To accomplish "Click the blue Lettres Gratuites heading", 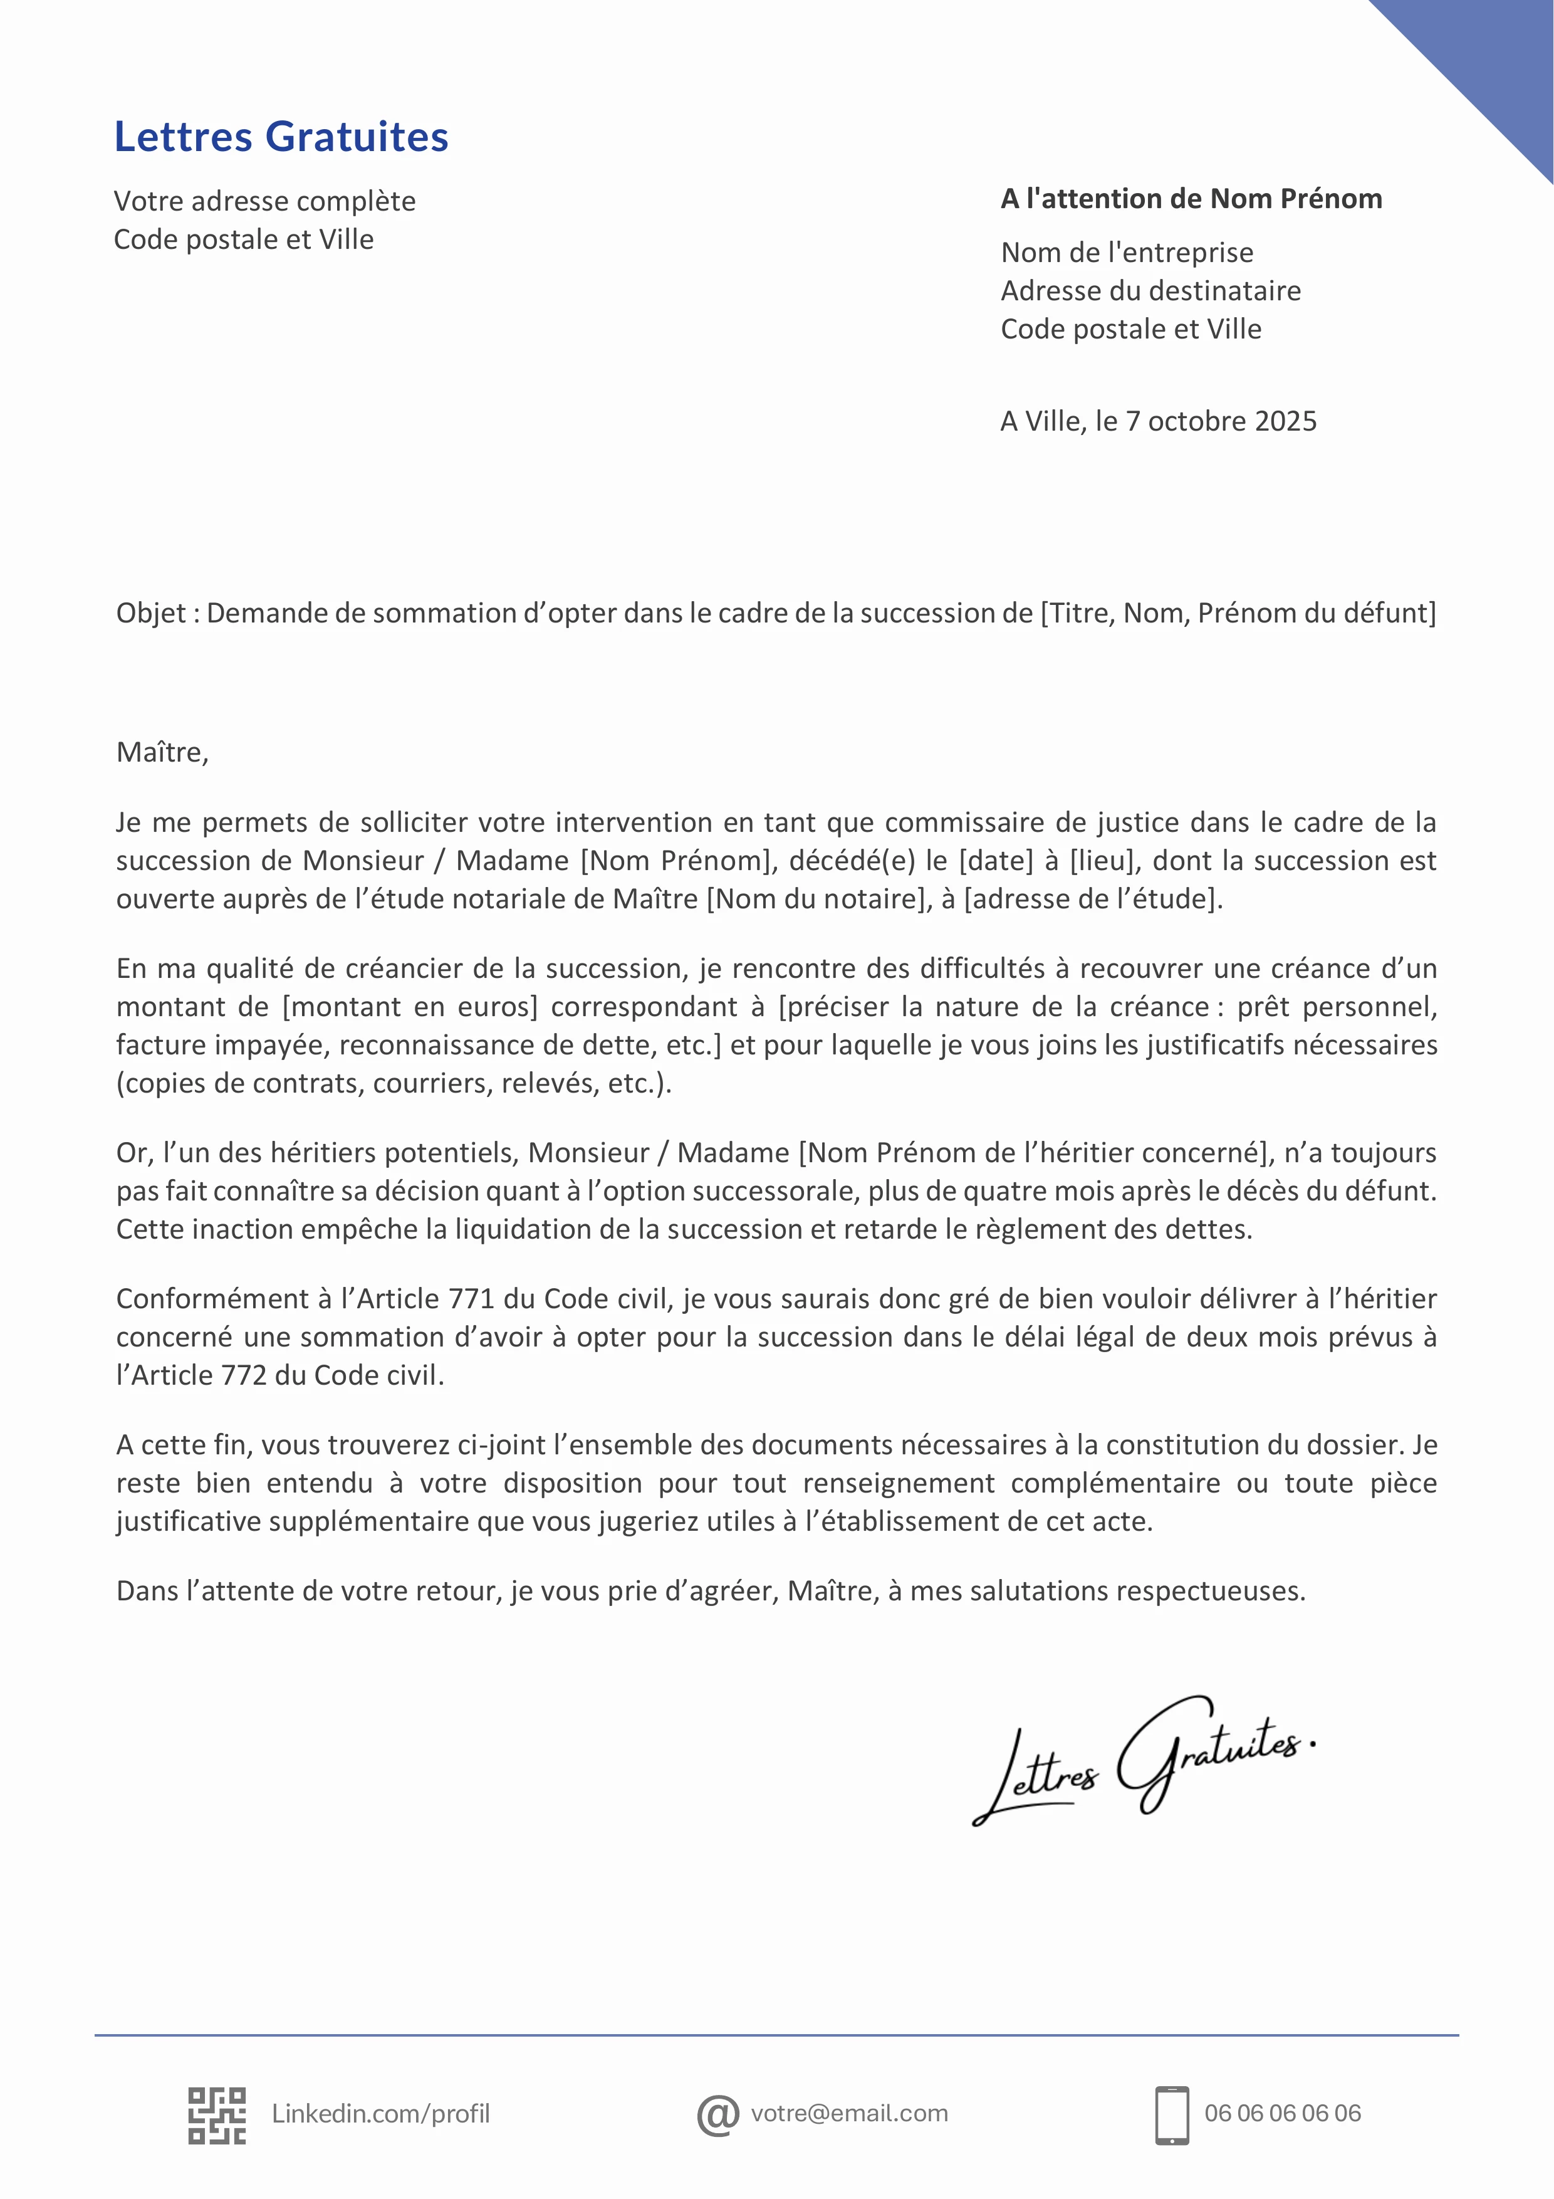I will (281, 137).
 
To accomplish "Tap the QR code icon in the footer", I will (216, 2115).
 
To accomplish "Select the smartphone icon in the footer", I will (1172, 2115).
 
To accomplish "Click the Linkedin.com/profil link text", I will (380, 2114).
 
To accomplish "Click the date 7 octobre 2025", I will (1221, 421).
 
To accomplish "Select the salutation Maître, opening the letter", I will (162, 753).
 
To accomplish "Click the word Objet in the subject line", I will (150, 613).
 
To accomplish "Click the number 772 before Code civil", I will (253, 1375).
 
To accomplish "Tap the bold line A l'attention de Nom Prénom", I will (1191, 199).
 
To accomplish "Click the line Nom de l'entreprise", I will (1126, 253).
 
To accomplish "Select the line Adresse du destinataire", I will (1150, 291).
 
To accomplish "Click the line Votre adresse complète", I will (264, 201).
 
